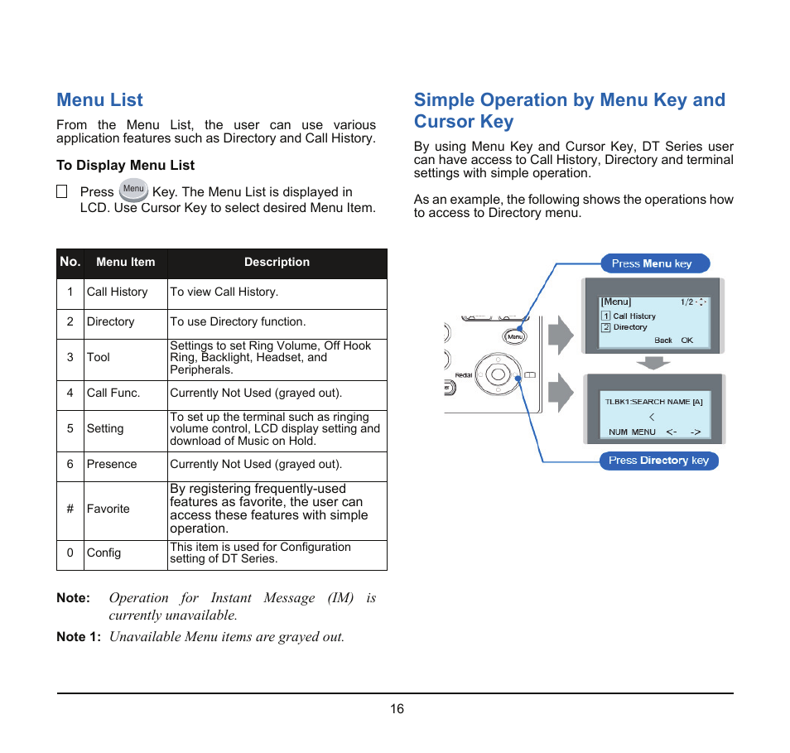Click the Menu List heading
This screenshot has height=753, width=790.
tap(99, 100)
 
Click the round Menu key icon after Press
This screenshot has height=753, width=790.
tap(133, 190)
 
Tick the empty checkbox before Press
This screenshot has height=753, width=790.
tap(62, 191)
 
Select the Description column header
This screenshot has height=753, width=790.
tap(277, 263)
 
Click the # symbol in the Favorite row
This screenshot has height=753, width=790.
tap(70, 509)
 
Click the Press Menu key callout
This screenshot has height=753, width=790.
tap(655, 263)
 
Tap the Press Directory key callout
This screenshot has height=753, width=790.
tap(658, 461)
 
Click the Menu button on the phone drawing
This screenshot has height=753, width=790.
tap(514, 336)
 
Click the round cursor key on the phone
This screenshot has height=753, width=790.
tap(497, 374)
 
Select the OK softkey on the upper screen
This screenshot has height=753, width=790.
tap(686, 340)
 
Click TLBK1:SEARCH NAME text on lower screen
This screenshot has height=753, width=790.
tap(653, 402)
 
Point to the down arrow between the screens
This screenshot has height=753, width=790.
tap(653, 363)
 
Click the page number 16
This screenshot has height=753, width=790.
tap(397, 709)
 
